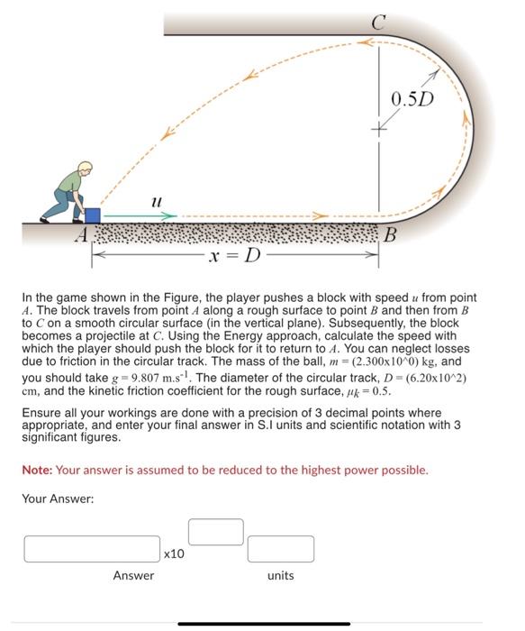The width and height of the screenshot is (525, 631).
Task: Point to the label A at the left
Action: click(x=81, y=236)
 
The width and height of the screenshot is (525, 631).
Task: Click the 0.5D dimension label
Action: click(x=413, y=96)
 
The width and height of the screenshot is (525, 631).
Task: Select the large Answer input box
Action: click(x=91, y=548)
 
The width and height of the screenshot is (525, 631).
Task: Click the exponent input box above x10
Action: click(x=214, y=531)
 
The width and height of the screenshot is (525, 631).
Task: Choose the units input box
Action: click(x=281, y=548)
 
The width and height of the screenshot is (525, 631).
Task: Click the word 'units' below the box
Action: click(x=281, y=575)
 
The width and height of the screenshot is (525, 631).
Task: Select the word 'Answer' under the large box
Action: click(x=132, y=575)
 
